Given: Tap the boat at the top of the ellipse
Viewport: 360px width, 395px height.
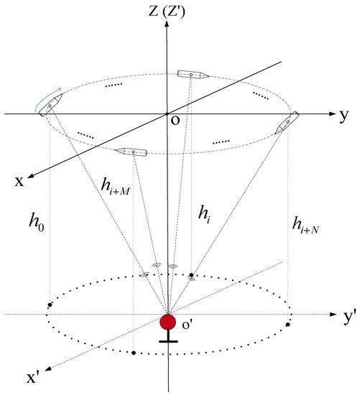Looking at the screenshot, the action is (192, 74).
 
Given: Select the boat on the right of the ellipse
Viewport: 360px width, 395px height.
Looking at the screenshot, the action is (287, 123).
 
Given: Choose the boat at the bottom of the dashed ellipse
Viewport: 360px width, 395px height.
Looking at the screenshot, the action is (131, 151).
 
